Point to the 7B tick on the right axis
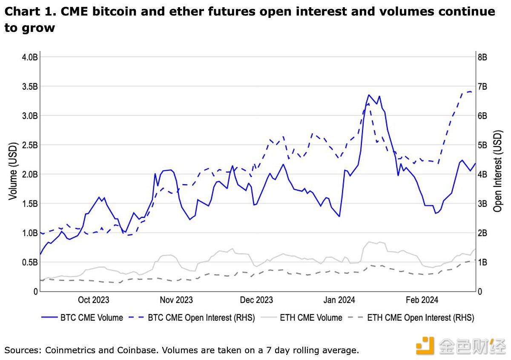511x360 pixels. [x=484, y=86]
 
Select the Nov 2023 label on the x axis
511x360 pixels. [x=176, y=300]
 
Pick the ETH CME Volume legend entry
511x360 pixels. [x=311, y=317]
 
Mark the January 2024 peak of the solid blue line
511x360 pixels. [x=369, y=95]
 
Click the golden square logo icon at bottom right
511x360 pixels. [x=425, y=345]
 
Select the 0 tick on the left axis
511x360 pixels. [x=36, y=291]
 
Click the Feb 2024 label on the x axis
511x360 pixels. [x=422, y=300]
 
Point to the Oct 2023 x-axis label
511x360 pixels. [x=93, y=300]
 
